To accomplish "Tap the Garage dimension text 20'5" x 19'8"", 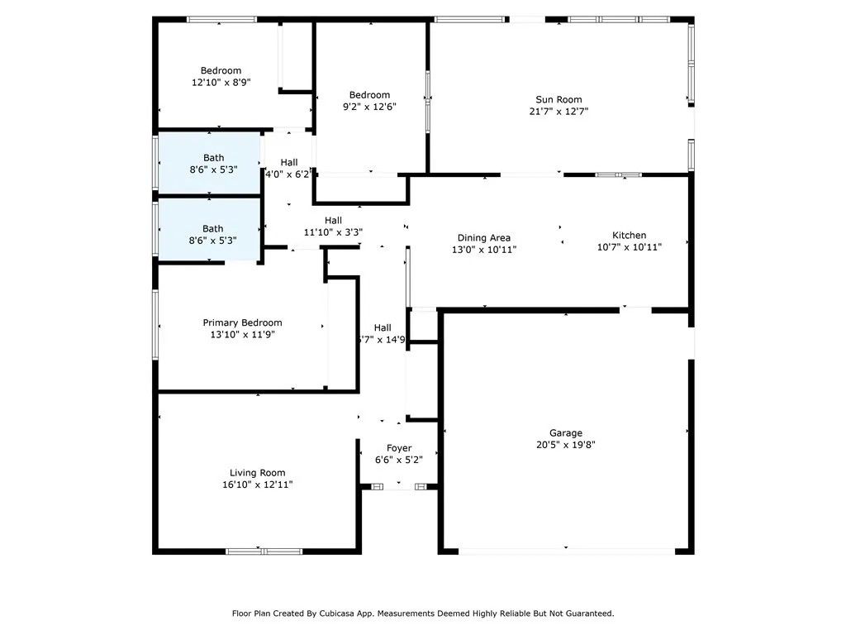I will [x=566, y=445].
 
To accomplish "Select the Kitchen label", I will [x=629, y=235].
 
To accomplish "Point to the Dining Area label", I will [x=483, y=237].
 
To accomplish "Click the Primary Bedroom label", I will [x=242, y=322].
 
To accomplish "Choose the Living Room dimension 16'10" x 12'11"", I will [x=257, y=485].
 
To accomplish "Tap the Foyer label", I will [x=399, y=448].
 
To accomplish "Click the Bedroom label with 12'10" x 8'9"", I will [x=221, y=70].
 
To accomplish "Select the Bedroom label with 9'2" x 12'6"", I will [x=369, y=95].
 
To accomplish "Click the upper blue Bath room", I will [x=209, y=163].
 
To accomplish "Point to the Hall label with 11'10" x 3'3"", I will [x=333, y=220].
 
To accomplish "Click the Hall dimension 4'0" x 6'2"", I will [x=288, y=174].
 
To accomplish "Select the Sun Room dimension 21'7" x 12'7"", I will [x=558, y=112].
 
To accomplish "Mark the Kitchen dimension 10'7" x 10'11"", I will [x=629, y=247].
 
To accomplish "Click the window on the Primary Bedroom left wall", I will [x=155, y=324].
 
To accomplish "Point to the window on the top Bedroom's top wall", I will [x=220, y=19].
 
